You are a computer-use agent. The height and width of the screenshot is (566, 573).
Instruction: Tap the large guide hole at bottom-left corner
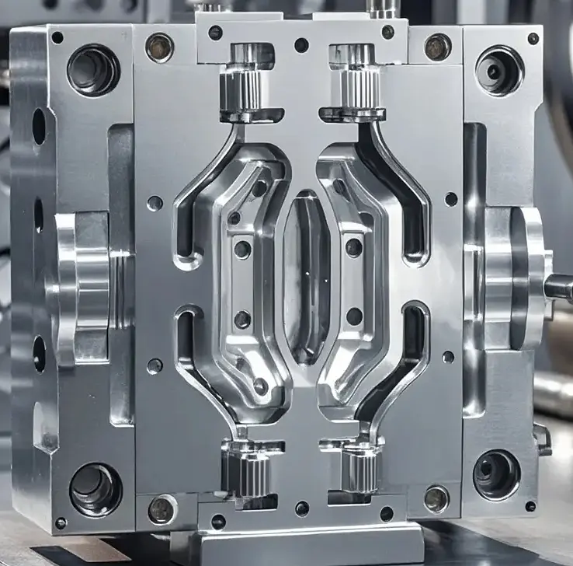(95, 489)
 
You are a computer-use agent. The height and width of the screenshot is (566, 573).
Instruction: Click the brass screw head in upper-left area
(160, 47)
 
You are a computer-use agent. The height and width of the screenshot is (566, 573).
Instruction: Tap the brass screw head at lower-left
(161, 509)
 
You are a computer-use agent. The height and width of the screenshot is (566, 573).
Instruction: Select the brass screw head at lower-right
(436, 498)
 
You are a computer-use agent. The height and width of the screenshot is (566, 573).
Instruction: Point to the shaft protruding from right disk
(558, 288)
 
